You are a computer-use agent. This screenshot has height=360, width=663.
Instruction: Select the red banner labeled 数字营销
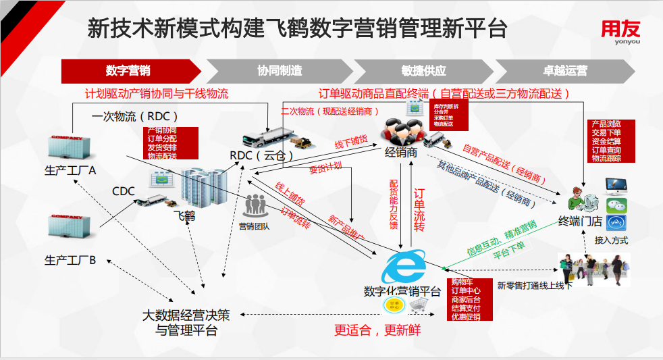coord(128,70)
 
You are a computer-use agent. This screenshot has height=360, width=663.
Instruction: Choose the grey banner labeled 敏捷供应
coord(423,70)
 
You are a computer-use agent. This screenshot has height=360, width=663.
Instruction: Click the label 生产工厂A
coord(70,170)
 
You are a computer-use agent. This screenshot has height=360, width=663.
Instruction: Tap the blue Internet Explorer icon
coord(403,266)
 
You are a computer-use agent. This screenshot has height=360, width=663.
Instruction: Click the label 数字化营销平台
coord(402,292)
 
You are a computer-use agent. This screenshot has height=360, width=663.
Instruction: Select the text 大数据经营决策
coord(186,315)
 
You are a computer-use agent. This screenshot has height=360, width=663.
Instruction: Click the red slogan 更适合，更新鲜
coord(377,330)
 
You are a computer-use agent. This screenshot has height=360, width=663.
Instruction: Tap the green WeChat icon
coord(616,206)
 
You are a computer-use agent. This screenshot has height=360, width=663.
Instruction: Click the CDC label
coord(124,192)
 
